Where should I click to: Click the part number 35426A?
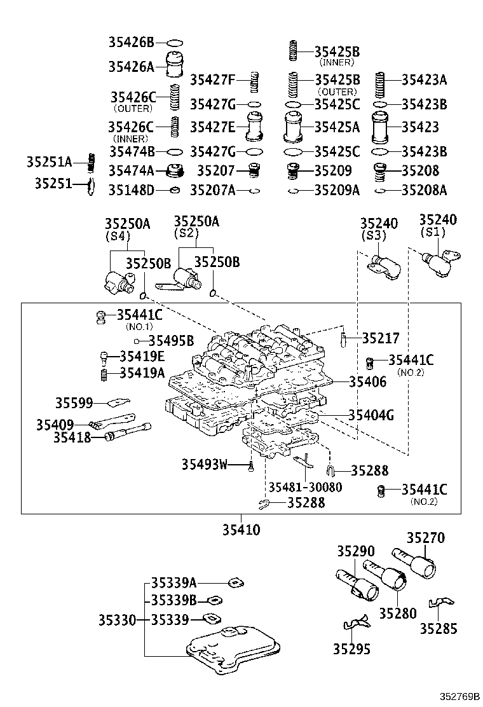coord(131,67)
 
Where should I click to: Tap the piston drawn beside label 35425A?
coord(293,127)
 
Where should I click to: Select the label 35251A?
coord(49,162)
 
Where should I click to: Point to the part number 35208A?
coord(424,189)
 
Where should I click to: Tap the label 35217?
coord(381,338)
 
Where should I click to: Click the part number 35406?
coord(367,381)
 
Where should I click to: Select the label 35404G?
coord(371,415)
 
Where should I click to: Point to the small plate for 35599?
coord(118,402)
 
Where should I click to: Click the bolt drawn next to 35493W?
coord(251,467)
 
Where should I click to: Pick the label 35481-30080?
coord(304,487)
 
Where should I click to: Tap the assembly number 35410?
coord(241,530)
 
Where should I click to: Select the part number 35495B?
coord(171,340)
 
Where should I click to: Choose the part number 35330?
coord(117,619)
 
